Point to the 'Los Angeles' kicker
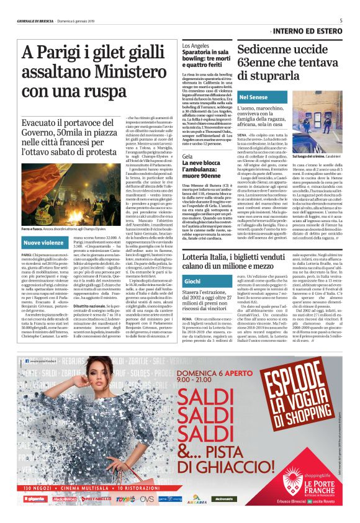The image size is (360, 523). [x=196, y=47]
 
